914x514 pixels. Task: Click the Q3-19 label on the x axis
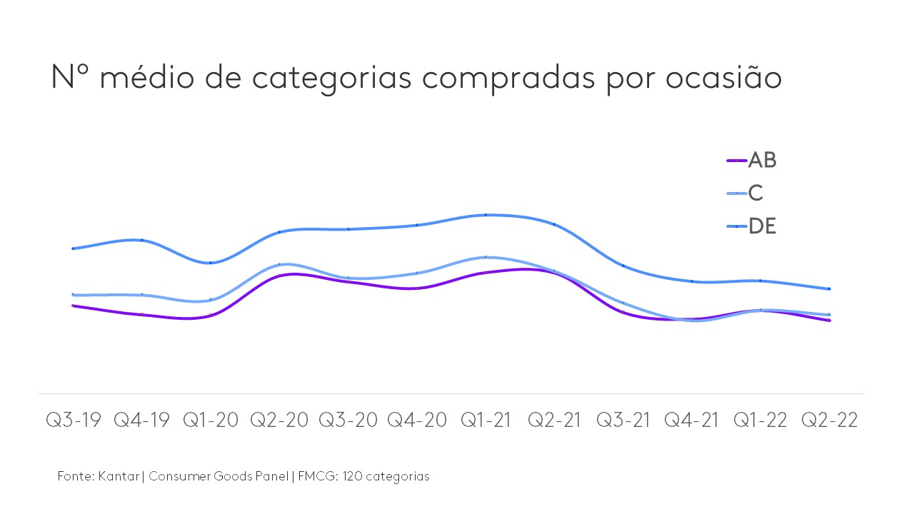coord(73,420)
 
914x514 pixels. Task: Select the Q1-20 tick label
coord(211,420)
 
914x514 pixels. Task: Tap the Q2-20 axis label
coord(279,420)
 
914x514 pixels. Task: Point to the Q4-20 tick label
coord(417,420)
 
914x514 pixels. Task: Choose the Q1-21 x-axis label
coord(486,420)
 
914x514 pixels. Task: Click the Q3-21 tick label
coord(623,420)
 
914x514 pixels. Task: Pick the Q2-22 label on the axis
coord(829,420)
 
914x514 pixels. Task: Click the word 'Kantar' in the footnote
coord(119,476)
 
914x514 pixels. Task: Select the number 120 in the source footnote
coord(352,476)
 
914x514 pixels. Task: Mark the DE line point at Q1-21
coord(486,214)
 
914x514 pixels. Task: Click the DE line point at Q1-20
coord(211,263)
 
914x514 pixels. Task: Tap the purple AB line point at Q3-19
coord(73,306)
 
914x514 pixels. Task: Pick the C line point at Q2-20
coord(280,264)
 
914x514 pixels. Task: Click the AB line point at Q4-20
coord(417,288)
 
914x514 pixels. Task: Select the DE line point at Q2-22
coord(829,288)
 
